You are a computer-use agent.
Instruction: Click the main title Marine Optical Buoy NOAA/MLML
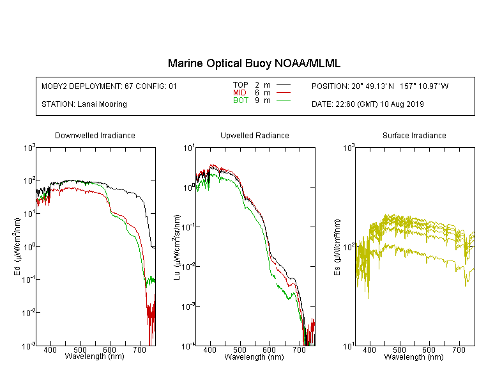(x=254, y=63)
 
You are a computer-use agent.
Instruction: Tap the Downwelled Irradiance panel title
(x=95, y=135)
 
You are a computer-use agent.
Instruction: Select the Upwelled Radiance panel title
(x=255, y=135)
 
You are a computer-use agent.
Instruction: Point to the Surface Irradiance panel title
(x=414, y=135)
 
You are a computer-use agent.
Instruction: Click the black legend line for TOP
(x=283, y=85)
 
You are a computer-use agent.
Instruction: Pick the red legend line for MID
(x=283, y=92)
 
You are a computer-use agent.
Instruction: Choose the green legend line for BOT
(x=283, y=100)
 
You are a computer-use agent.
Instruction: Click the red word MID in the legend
(x=240, y=92)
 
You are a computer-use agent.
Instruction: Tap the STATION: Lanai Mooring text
(x=84, y=104)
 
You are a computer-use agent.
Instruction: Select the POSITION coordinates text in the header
(x=380, y=86)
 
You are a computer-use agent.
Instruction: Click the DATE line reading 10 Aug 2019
(x=368, y=104)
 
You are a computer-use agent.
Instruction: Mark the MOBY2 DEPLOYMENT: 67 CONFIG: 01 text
(x=109, y=86)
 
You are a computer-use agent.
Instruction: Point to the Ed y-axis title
(x=17, y=247)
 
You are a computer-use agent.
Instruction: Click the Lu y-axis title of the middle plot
(x=177, y=247)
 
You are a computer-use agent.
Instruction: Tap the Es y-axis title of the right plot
(x=337, y=247)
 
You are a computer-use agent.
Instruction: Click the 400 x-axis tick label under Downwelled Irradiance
(x=50, y=349)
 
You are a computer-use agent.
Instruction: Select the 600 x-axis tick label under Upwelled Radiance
(x=270, y=349)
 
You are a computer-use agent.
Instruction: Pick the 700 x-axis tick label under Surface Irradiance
(x=459, y=349)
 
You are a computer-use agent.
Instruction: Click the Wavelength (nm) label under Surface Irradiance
(x=414, y=356)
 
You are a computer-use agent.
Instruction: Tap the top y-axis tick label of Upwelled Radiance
(x=189, y=148)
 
